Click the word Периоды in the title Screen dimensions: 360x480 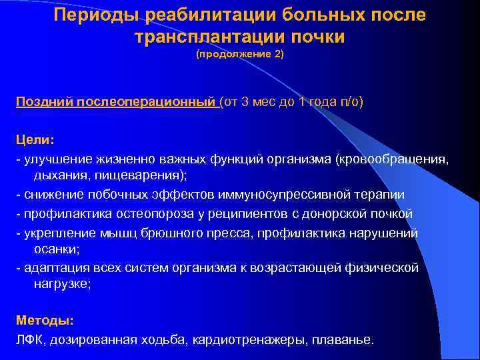tap(95, 15)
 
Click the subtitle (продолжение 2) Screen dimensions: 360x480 tap(239, 57)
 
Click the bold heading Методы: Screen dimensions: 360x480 tap(45, 321)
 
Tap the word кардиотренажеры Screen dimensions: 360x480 tap(248, 339)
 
